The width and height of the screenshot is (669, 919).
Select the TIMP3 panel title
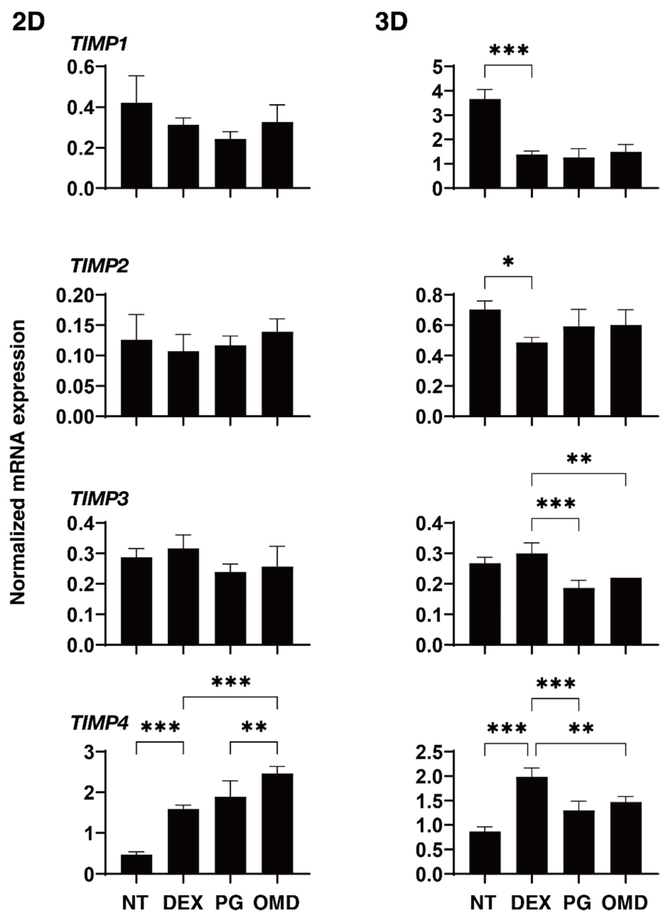pyautogui.click(x=99, y=499)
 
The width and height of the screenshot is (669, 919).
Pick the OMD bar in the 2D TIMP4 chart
pyautogui.click(x=277, y=823)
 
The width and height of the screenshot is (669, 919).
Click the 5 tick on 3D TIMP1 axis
pyautogui.click(x=438, y=66)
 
